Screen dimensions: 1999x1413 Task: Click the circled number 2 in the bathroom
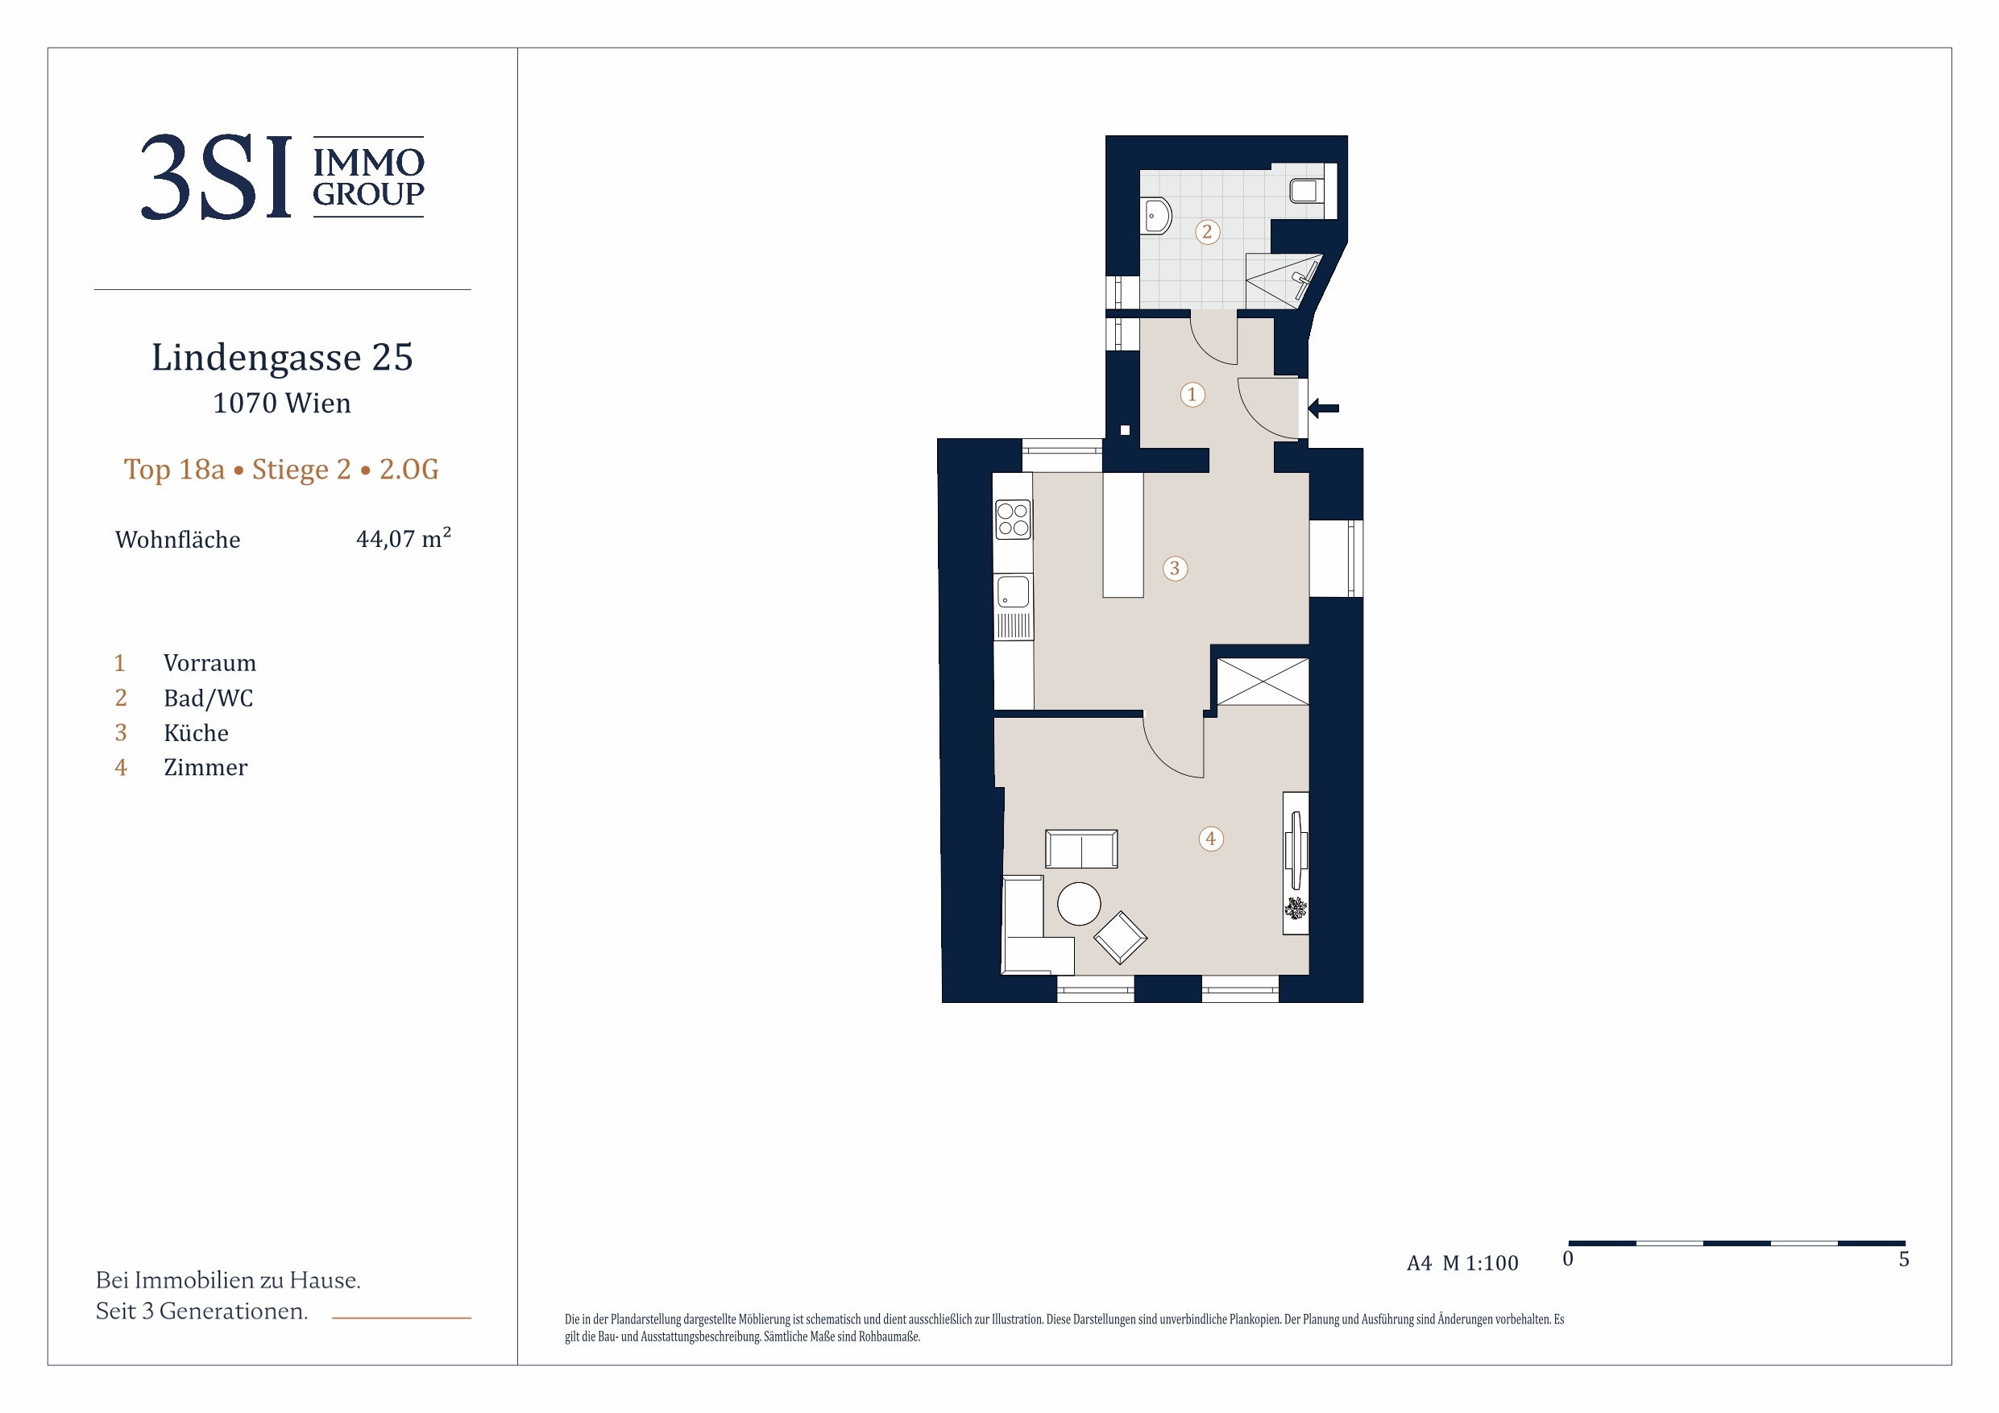point(1207,231)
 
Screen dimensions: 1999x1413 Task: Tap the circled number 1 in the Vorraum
point(1192,395)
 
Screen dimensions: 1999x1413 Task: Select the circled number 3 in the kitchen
point(1175,569)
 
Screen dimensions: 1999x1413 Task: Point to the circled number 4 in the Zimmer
point(1210,839)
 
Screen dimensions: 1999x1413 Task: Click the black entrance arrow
point(1323,408)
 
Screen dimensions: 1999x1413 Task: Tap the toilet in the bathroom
point(1305,190)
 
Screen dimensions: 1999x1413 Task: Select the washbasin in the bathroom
point(1157,215)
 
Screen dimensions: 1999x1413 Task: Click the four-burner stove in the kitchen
point(1013,520)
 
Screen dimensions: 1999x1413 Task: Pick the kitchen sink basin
point(1013,592)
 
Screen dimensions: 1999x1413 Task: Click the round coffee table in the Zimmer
point(1079,904)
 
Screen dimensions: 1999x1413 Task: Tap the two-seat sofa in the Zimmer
point(1081,849)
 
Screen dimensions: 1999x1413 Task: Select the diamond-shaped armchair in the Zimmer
point(1120,938)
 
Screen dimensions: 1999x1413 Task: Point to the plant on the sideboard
point(1296,908)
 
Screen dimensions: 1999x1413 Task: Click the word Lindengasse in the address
point(256,358)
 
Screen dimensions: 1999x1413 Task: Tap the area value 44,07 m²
point(403,537)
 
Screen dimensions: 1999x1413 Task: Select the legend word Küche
point(196,733)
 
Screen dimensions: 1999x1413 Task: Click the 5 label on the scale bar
point(1904,1260)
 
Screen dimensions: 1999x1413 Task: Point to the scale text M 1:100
point(1480,1263)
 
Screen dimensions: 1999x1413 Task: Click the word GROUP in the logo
point(368,194)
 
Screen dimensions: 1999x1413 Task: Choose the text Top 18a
point(174,470)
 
